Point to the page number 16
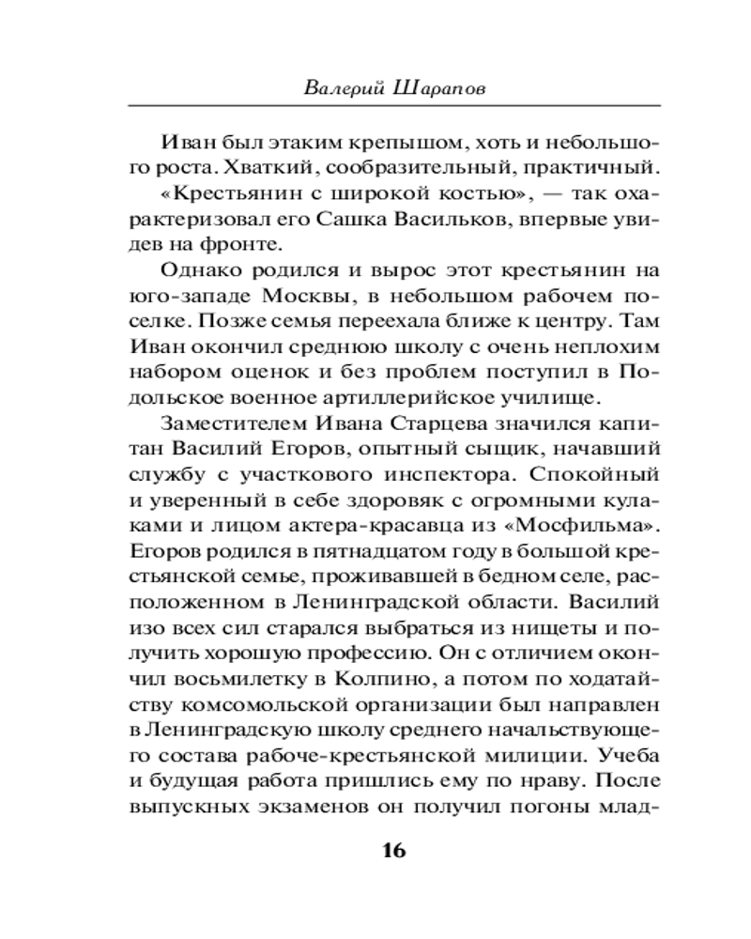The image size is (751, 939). click(392, 850)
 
